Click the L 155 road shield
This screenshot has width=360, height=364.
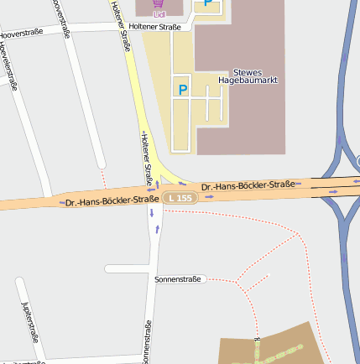pyautogui.click(x=180, y=197)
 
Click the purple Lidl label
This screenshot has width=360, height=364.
pyautogui.click(x=159, y=14)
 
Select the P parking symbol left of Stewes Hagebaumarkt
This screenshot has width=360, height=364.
pyautogui.click(x=182, y=87)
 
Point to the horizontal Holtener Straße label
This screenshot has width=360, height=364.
pyautogui.click(x=155, y=27)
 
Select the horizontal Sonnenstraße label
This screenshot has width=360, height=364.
pyautogui.click(x=178, y=278)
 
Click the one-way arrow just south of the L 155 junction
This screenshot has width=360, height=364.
pyautogui.click(x=152, y=213)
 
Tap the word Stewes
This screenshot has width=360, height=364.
pyautogui.click(x=248, y=71)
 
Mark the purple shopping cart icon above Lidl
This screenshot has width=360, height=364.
pyautogui.click(x=159, y=4)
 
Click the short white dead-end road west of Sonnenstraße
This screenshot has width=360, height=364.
pyautogui.click(x=126, y=268)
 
